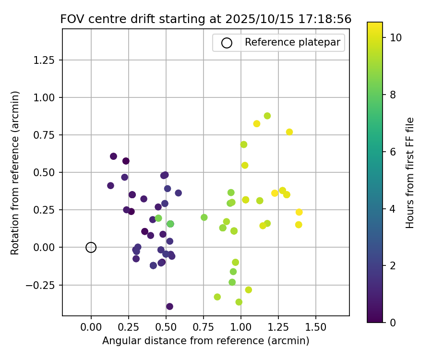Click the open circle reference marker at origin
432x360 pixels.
[91, 247]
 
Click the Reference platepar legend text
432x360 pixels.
[292, 42]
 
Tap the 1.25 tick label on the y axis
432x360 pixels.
[46, 60]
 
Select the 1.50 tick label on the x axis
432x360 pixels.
[315, 327]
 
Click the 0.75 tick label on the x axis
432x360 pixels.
[203, 327]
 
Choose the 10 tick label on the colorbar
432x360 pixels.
[396, 37]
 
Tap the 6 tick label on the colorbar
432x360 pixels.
[392, 151]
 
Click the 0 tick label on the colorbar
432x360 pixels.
[392, 322]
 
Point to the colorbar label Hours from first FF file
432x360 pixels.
[410, 173]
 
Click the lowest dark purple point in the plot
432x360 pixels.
[169, 306]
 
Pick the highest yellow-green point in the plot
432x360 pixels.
[267, 116]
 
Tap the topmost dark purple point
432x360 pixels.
[113, 156]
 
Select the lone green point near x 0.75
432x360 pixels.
[204, 217]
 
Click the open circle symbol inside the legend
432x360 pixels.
[227, 43]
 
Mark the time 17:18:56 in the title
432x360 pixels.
[324, 19]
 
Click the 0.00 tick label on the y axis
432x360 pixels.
[46, 247]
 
